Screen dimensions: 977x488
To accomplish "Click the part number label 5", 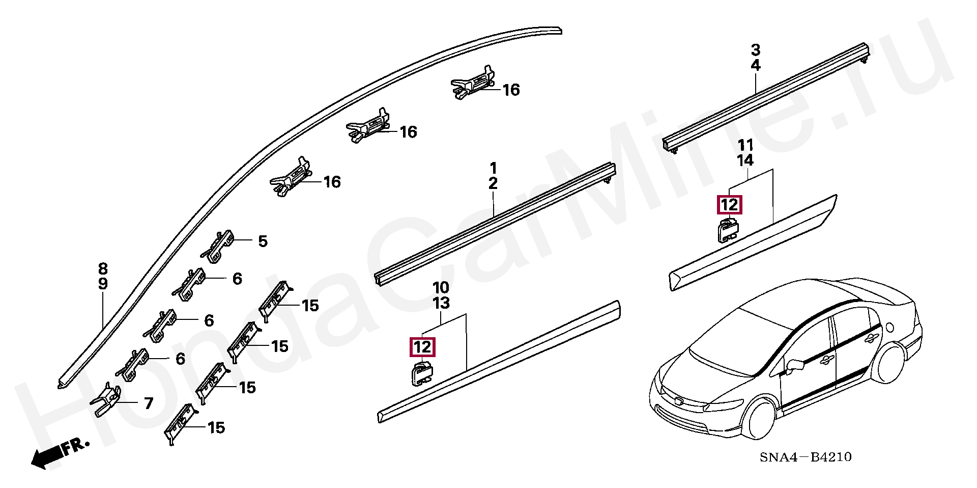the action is point(263,241).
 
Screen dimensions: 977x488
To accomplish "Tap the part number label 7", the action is point(149,404).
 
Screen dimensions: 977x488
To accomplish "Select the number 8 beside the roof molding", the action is point(103,268).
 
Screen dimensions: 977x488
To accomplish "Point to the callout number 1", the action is point(493,168).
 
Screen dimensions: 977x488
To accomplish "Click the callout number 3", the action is point(756,50).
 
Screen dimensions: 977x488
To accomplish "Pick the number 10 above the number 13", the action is point(441,287).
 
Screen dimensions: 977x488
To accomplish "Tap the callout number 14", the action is point(745,161).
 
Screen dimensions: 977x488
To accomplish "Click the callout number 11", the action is point(745,145).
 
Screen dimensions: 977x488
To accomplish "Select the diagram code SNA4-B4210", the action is point(806,457).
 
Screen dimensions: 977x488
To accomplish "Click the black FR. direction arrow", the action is point(46,457).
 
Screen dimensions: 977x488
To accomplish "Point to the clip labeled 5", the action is point(219,247).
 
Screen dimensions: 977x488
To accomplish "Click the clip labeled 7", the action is point(107,400).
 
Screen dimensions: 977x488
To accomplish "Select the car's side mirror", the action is point(795,364).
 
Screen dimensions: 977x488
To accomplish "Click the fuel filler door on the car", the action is point(890,326).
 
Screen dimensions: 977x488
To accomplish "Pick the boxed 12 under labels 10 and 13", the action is point(423,348).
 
